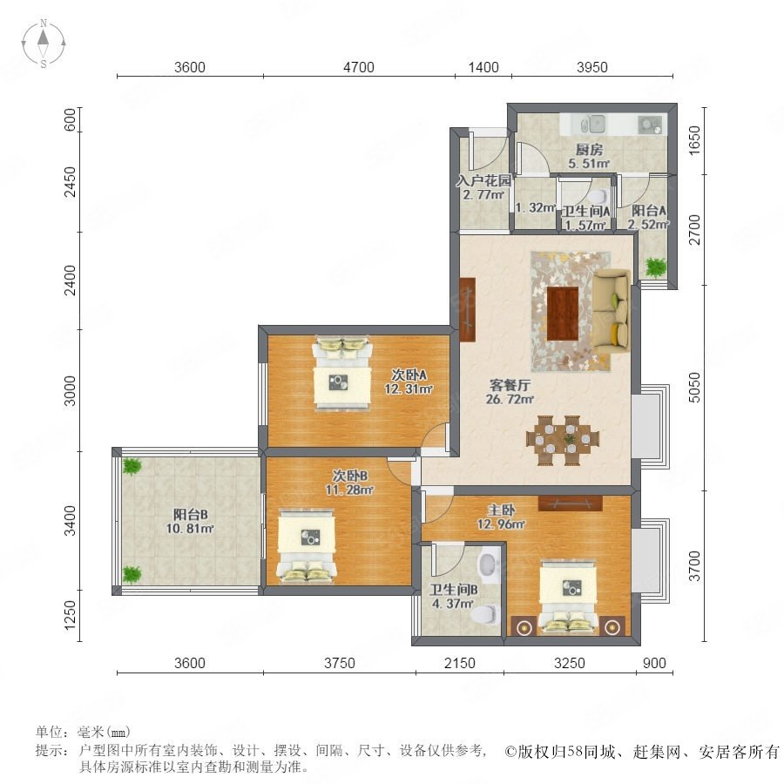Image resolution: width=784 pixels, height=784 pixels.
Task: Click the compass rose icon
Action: [44, 43]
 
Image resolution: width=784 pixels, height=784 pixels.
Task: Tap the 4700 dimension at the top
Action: [359, 67]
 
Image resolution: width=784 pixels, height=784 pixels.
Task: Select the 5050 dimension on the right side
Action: [694, 387]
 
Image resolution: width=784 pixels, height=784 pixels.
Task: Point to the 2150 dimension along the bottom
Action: [459, 663]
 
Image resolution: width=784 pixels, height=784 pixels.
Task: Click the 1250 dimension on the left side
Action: [70, 615]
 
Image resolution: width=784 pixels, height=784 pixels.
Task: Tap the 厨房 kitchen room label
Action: [589, 150]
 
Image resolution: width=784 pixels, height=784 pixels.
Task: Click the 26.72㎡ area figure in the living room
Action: [510, 399]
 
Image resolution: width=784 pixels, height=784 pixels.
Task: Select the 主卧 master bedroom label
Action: [501, 510]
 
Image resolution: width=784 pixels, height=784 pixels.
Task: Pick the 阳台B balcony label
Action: [191, 514]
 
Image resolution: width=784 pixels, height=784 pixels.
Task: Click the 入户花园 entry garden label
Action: [483, 180]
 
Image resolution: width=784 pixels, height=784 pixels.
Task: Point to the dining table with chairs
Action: [563, 441]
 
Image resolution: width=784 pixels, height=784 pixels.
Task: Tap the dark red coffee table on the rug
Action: [563, 314]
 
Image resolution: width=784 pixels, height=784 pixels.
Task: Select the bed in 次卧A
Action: [342, 373]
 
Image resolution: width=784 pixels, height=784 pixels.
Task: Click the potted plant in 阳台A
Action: [654, 267]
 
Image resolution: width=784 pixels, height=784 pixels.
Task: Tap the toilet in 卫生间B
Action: [486, 613]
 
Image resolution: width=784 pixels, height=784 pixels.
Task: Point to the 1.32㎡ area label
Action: [536, 207]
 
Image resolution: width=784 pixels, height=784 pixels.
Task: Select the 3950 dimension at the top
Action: [592, 67]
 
